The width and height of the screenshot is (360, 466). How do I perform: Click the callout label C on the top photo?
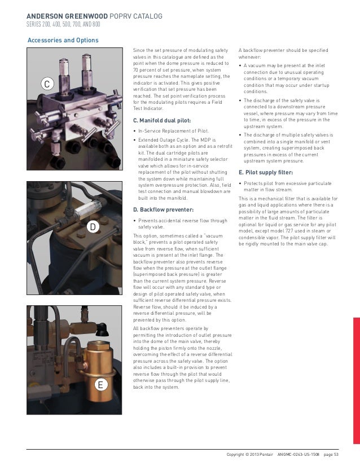[47, 85]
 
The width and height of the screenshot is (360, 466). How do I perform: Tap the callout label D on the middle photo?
[93, 227]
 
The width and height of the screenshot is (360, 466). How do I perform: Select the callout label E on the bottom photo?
[99, 385]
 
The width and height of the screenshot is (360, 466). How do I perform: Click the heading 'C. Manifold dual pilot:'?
[161, 121]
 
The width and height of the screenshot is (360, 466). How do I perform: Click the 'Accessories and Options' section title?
[63, 40]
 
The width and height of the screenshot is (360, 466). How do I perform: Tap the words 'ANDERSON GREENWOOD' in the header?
[63, 16]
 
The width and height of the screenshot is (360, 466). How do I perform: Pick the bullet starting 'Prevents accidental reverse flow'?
[179, 223]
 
